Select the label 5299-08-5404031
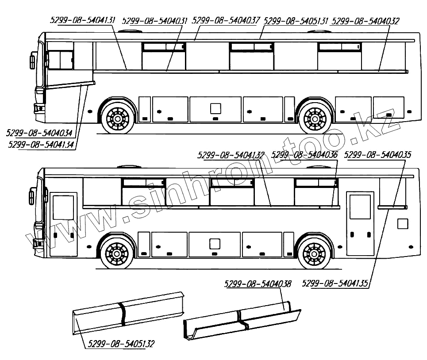click(x=154, y=20)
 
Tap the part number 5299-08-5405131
click(x=296, y=20)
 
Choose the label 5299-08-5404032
click(x=365, y=20)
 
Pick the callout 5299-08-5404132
click(x=231, y=155)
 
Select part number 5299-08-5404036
click(x=304, y=155)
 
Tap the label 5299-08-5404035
click(x=377, y=155)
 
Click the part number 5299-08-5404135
click(x=336, y=283)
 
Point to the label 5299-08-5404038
click(x=258, y=284)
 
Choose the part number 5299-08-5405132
click(x=122, y=344)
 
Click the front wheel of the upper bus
click(x=118, y=119)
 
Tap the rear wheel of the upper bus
click(x=315, y=119)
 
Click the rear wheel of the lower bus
click(x=314, y=255)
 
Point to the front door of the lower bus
click(x=63, y=225)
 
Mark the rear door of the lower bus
click(x=360, y=224)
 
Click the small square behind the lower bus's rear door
click(x=402, y=224)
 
